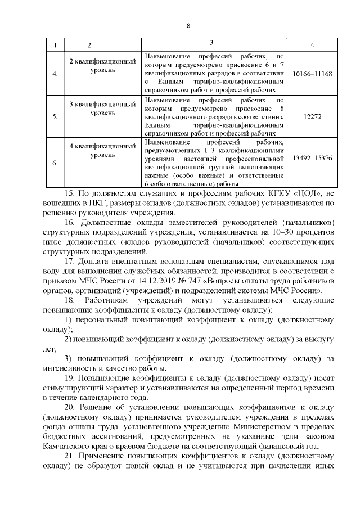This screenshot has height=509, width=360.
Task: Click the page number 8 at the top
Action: tap(188, 26)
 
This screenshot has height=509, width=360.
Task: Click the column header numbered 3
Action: tap(211, 43)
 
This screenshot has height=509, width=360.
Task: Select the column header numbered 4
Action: tap(312, 44)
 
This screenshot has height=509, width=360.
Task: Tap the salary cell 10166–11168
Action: tap(312, 74)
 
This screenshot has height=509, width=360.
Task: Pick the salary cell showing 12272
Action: tap(312, 116)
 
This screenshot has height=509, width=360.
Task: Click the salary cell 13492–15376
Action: tap(312, 159)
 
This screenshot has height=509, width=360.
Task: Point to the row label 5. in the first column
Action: tap(55, 117)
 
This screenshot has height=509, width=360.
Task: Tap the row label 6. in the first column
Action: tap(55, 163)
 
